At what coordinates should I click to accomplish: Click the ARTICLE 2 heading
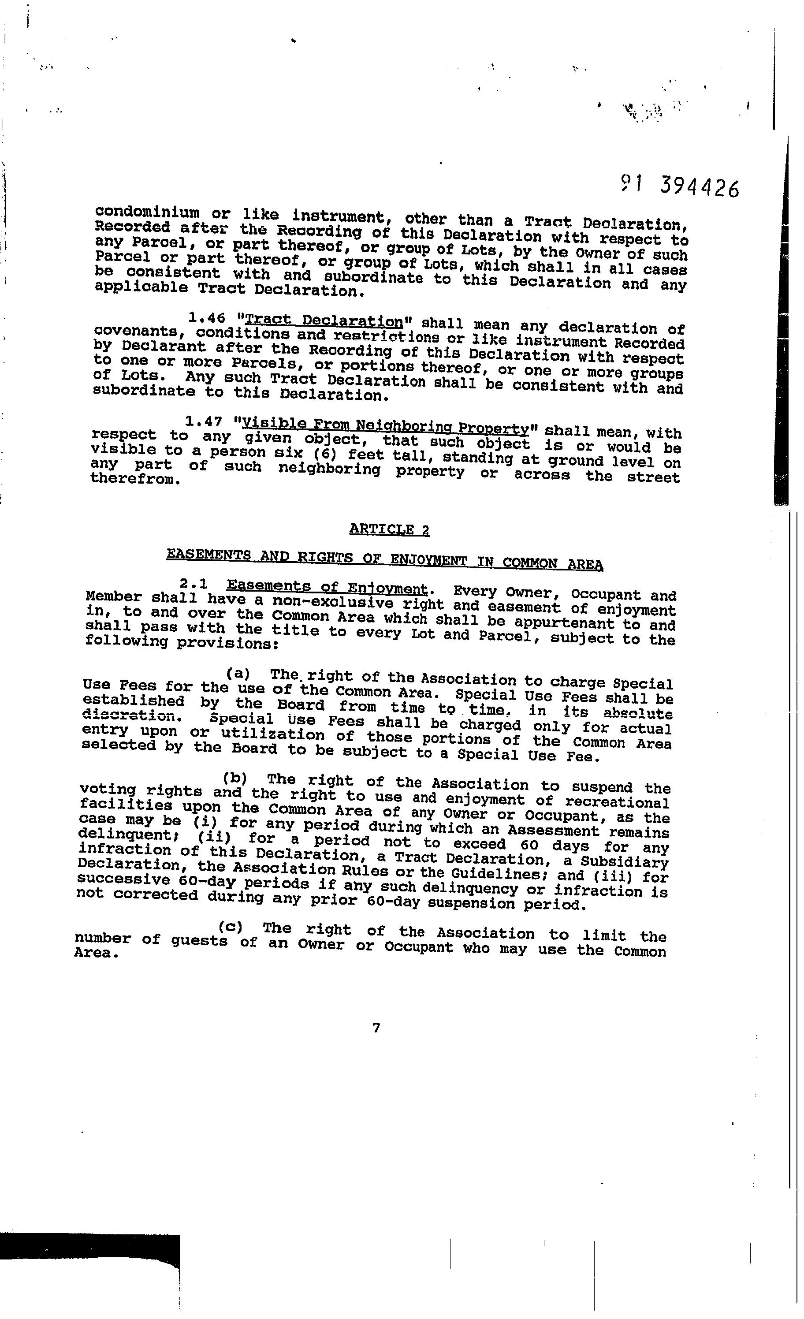(x=389, y=529)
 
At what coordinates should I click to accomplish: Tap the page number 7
(x=376, y=1027)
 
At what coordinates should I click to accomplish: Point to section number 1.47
(x=203, y=423)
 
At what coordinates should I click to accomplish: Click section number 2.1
(x=195, y=585)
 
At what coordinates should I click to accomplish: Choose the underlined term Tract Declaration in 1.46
(x=324, y=321)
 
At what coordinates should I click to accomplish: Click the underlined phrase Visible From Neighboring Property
(x=385, y=427)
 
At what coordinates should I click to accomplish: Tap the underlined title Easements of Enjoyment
(x=328, y=587)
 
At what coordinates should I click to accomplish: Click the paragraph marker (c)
(x=231, y=927)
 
